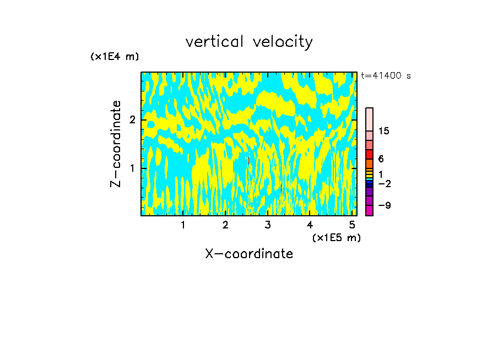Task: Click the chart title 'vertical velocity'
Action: [249, 41]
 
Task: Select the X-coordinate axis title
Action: [249, 254]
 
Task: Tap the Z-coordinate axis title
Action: [116, 144]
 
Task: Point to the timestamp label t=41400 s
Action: [386, 76]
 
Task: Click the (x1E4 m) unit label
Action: [115, 57]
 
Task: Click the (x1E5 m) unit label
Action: [336, 237]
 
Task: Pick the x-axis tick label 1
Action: [183, 225]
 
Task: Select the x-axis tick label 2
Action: [225, 225]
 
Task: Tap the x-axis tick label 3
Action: [267, 225]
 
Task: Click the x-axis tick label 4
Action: [310, 225]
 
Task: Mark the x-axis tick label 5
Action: [351, 225]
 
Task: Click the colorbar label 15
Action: [385, 131]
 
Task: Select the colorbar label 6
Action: [381, 159]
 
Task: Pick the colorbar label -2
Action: [385, 183]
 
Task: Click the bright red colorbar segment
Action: [369, 154]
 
